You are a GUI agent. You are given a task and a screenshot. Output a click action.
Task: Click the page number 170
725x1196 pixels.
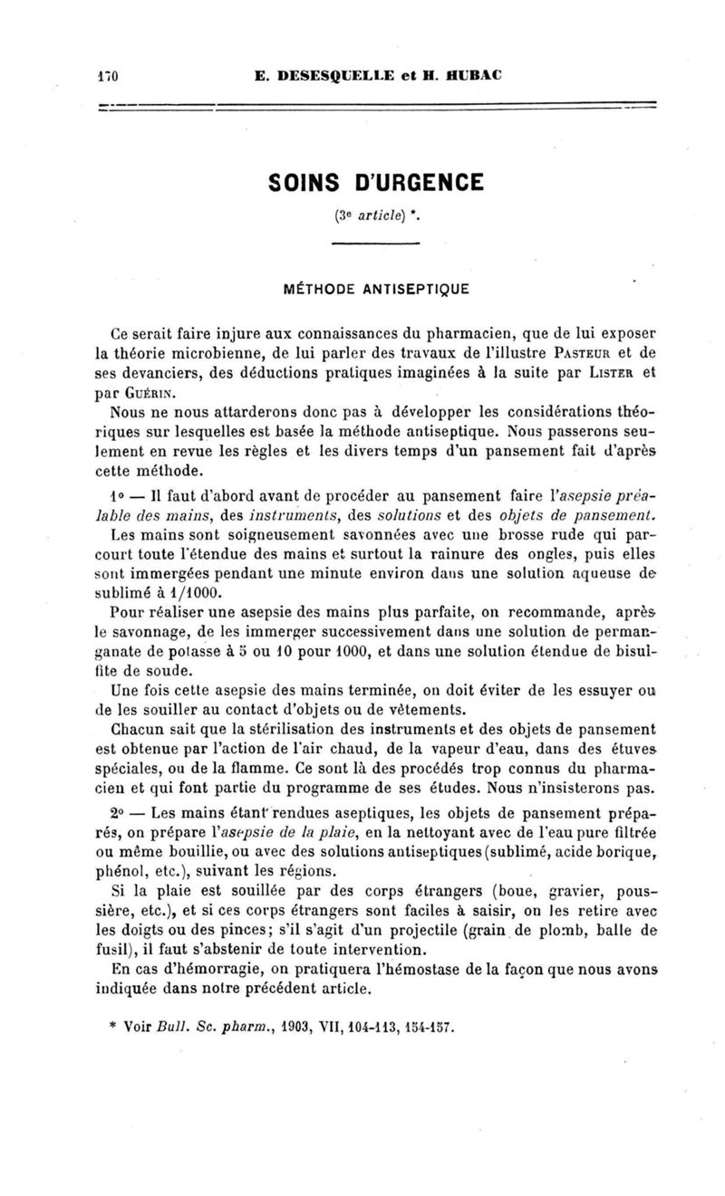pos(110,74)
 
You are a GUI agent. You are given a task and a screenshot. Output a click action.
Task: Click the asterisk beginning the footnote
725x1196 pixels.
pos(111,1029)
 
